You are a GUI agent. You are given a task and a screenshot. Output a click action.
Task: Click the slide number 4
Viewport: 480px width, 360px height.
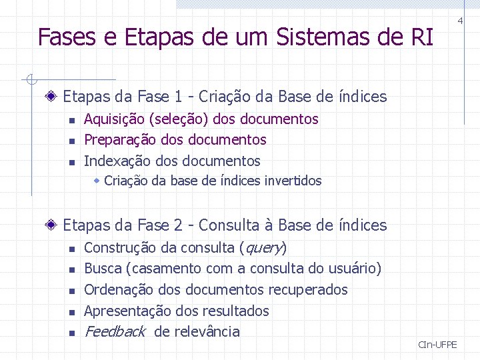tap(460, 21)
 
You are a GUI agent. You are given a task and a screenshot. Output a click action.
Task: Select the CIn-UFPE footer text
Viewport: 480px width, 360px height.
tap(437, 345)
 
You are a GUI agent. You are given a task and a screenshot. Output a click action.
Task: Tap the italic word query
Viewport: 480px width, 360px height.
tap(263, 248)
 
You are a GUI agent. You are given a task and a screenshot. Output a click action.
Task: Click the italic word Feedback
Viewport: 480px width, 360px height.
tap(115, 331)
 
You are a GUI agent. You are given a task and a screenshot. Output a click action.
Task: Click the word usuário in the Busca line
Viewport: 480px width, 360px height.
tap(351, 269)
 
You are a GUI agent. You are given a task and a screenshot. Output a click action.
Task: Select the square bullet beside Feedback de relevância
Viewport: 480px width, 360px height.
tap(72, 333)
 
